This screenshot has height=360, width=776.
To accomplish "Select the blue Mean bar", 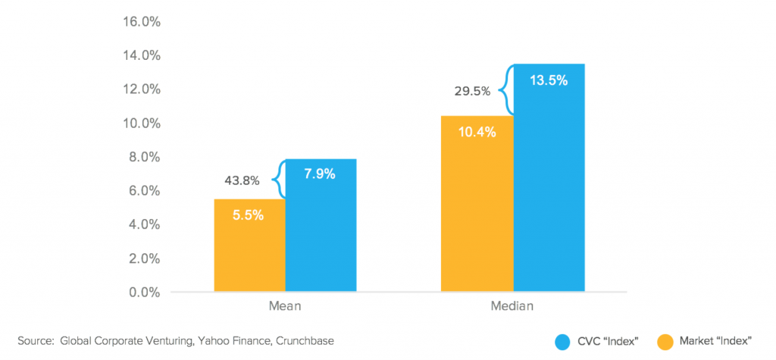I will [x=321, y=235].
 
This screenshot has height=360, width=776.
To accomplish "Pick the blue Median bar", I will [x=549, y=189].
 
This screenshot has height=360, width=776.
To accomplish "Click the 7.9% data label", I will [x=320, y=174].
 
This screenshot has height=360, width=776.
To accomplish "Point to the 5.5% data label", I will [x=248, y=215].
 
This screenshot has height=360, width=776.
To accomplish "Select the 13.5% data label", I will [x=549, y=80].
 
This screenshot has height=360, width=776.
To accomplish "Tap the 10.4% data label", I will [x=476, y=133].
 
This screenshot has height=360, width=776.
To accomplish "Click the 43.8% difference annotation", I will [x=242, y=181].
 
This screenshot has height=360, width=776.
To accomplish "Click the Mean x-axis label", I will [x=285, y=308].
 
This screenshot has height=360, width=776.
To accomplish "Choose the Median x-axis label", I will [x=512, y=308].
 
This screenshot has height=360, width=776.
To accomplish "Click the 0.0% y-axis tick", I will [x=144, y=293].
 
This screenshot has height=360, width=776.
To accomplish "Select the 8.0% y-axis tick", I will [x=144, y=157].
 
